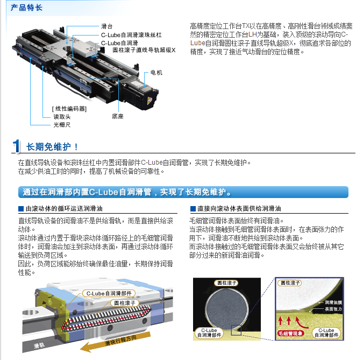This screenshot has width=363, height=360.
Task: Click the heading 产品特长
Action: pos(26,8)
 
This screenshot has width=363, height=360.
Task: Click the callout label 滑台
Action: pos(106,26)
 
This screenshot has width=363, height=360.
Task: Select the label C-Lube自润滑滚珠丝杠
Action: pos(131,35)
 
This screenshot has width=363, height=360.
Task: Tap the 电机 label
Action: pos(156,73)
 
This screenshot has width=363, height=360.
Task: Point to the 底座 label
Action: pos(118,116)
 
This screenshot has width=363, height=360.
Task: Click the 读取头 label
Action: pos(62,117)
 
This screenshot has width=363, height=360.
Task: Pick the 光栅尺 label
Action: pos(62,125)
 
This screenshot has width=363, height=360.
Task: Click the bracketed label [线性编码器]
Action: pos(69,109)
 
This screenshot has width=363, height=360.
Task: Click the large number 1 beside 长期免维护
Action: pos(16,146)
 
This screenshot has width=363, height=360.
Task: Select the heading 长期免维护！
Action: pos(52,147)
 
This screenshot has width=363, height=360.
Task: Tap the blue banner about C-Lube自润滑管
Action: pos(183,192)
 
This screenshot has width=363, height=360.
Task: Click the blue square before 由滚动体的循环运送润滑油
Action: pos(21,209)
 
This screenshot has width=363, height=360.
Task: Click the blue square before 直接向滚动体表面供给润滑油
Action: pos(193,209)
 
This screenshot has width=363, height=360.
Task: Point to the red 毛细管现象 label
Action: pos(290,333)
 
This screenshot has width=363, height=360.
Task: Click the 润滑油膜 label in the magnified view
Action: pos(333,302)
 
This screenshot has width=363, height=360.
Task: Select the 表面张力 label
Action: pos(333,309)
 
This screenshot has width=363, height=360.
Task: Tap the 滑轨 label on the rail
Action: pos(39,345)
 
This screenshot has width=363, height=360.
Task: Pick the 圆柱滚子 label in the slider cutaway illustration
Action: pos(125,303)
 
